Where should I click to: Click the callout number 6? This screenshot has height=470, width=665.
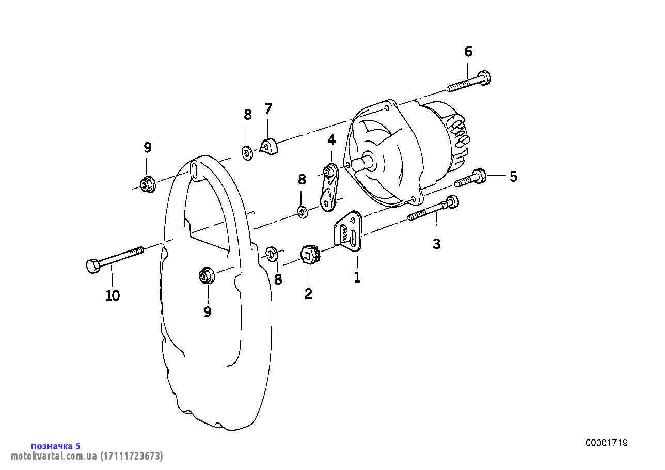point(468,52)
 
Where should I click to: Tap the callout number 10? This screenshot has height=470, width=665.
point(113,295)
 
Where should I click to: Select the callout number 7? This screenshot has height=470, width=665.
point(268,109)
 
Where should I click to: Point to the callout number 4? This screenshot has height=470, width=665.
point(331,140)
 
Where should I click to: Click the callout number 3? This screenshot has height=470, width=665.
point(436,244)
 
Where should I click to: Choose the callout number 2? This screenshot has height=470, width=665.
point(308,294)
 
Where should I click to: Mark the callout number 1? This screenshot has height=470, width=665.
point(357,277)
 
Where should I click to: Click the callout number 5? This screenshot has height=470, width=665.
point(513,176)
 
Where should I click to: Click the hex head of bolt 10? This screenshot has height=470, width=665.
point(93,265)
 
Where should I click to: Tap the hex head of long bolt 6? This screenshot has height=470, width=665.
point(484,78)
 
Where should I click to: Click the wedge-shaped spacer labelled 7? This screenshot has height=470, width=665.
point(269,146)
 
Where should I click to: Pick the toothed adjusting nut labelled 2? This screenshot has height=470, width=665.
point(310,255)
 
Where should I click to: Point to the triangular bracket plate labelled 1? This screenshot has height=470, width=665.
point(348,231)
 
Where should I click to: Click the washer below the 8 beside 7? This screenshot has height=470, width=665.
point(247,153)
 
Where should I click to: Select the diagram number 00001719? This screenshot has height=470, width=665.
point(607,443)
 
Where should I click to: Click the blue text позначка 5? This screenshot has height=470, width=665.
point(56,446)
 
